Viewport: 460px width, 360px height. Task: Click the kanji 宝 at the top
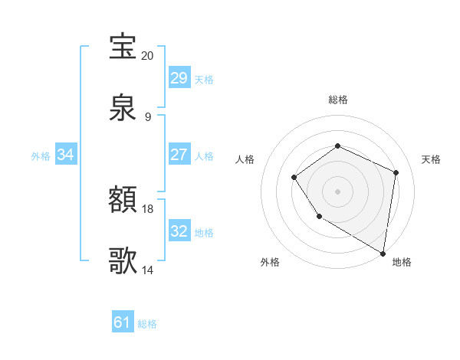tap(123, 47)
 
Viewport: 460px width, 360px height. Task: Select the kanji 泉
tap(123, 108)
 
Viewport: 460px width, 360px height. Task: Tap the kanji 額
tap(123, 201)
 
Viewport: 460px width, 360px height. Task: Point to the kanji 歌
tap(123, 260)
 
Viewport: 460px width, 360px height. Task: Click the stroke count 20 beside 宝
tap(148, 56)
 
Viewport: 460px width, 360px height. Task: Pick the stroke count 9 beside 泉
tap(148, 117)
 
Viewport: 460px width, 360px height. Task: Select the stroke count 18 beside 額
tap(148, 209)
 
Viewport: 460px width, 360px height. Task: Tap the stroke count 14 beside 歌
tap(148, 270)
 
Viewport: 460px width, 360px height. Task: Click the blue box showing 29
tap(179, 78)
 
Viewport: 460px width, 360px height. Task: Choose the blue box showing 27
tap(179, 155)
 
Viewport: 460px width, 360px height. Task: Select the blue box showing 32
tap(179, 231)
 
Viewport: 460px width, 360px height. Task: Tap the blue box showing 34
tap(66, 155)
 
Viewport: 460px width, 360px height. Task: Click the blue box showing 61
tap(122, 322)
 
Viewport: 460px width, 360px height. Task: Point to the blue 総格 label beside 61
tap(147, 324)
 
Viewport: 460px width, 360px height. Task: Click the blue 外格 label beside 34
tap(41, 155)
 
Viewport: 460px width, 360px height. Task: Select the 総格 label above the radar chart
tap(337, 100)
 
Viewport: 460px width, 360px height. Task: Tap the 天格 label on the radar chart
tap(431, 159)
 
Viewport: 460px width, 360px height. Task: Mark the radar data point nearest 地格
tap(383, 253)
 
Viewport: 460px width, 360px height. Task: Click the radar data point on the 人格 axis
tap(294, 178)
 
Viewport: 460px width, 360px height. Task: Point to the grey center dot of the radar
tap(337, 191)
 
